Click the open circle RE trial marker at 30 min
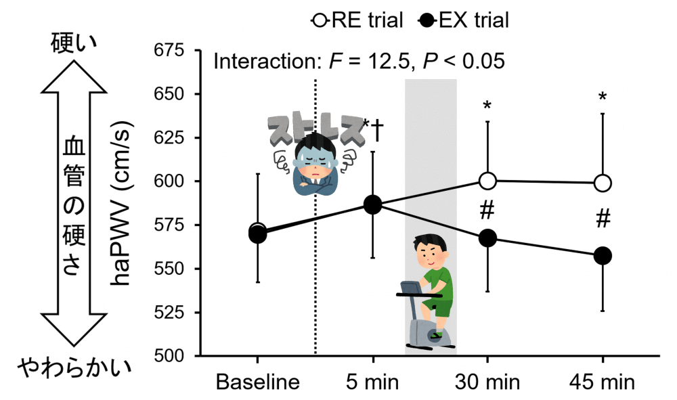pos(487,181)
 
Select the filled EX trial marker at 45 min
pos(603,256)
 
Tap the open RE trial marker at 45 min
pos(603,183)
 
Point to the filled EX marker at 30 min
pos(487,238)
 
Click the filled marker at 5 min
pos(373,204)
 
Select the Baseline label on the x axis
pos(257,382)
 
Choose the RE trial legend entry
pos(357,20)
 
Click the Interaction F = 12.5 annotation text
pos(359,62)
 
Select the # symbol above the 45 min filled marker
pos(603,219)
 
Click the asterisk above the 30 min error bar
pos(487,106)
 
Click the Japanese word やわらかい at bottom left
pos(74,369)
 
